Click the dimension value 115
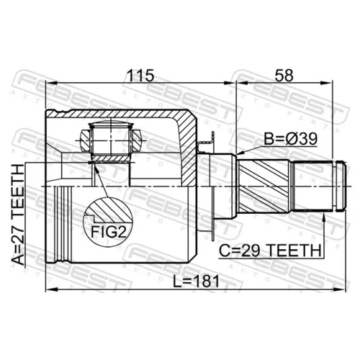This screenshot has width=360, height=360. pos(140,76)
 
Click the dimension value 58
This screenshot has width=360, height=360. pos(284,76)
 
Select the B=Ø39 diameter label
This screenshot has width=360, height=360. pos(291,139)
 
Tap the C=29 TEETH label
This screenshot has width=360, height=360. pos(270,251)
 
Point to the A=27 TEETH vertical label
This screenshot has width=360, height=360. pos(18,215)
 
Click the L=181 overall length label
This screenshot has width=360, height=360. pos(196,282)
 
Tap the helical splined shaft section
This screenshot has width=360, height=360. pos(264,186)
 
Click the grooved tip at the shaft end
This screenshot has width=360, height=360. pos(341,186)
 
